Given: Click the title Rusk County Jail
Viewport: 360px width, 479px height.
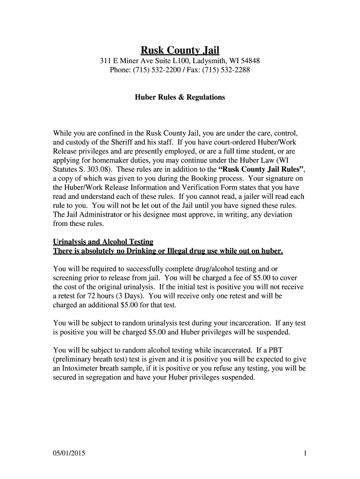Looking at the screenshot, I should tap(180, 50).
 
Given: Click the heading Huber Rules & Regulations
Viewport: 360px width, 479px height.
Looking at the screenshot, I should tap(180, 97).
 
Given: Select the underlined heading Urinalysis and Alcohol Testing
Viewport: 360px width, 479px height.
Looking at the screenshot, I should tap(103, 242).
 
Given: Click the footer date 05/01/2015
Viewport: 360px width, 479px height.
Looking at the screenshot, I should tap(70, 453).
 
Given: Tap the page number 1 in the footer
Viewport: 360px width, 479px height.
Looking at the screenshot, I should tap(304, 453).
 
